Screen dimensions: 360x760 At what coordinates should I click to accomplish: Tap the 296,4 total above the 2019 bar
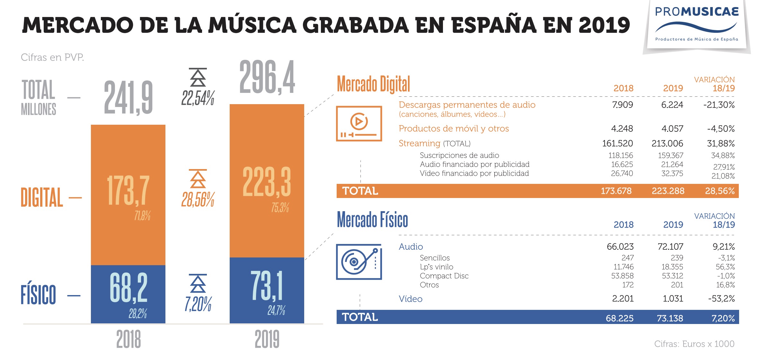point(267,77)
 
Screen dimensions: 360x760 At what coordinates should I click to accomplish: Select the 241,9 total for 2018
point(128,98)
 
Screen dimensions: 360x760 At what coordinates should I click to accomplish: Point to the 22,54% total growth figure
point(198,98)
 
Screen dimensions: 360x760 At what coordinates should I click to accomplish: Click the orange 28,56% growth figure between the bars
point(198,199)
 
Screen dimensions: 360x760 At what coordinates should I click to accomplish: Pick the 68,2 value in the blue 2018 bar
point(128,288)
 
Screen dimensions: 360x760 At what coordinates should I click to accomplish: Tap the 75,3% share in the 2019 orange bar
point(280,208)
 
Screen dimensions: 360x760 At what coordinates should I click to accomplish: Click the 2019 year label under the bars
point(267,339)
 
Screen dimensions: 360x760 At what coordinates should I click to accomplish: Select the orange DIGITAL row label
point(42,198)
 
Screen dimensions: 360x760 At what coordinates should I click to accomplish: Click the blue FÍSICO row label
point(38,295)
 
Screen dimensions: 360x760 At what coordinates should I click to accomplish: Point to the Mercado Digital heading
point(373,84)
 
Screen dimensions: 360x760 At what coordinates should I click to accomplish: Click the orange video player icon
point(359,124)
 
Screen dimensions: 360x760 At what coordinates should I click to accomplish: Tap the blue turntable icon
point(359,262)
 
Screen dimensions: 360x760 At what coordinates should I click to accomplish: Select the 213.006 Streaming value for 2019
point(667,143)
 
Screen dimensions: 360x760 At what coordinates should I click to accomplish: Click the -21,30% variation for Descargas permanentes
point(719,105)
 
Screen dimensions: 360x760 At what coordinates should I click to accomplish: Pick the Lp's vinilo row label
point(436,267)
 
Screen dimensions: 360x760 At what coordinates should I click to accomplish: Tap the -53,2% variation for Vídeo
point(721,299)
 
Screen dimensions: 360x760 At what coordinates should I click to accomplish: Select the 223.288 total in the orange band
point(668,191)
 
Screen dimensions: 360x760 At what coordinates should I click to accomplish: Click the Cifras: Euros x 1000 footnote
point(694,344)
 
